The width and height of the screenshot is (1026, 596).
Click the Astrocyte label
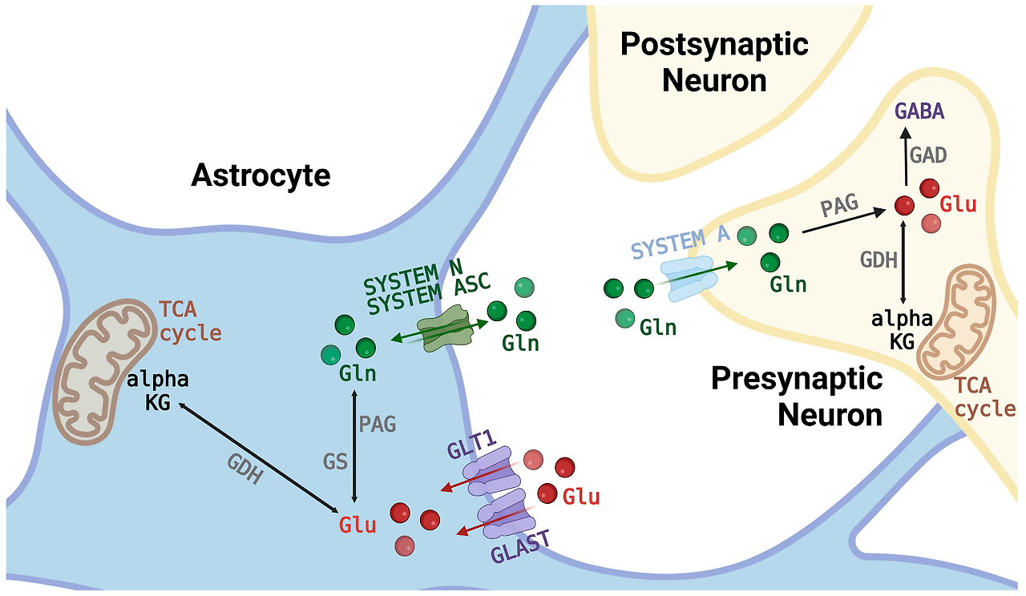[261, 175]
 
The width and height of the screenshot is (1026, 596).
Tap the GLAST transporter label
[521, 551]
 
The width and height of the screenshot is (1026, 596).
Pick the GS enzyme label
[335, 461]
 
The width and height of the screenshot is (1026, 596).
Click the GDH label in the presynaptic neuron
[878, 260]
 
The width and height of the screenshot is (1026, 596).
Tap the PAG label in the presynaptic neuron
[839, 207]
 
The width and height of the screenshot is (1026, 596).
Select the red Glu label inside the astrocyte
[357, 526]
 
